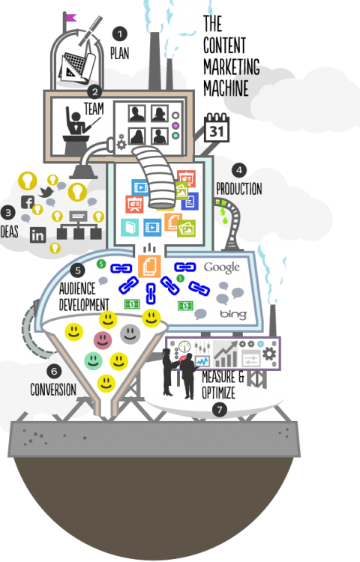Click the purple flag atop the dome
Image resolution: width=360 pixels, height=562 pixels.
(x=70, y=17)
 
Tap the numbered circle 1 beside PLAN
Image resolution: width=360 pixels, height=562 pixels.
(x=119, y=34)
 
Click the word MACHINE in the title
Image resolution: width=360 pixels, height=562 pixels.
(x=226, y=88)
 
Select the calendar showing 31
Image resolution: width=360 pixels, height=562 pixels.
(x=217, y=128)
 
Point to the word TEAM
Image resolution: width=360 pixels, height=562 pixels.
(x=94, y=109)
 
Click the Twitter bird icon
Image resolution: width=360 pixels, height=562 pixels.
(x=46, y=192)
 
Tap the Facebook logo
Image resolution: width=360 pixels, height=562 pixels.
(x=28, y=202)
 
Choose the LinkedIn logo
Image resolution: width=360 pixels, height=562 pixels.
(x=37, y=235)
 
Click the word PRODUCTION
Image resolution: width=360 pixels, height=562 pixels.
(x=239, y=189)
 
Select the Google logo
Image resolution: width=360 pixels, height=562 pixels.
(x=221, y=268)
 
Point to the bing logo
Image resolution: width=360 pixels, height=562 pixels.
(x=233, y=314)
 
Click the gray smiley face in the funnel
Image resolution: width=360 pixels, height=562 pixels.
(x=130, y=334)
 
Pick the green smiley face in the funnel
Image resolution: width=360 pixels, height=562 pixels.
(x=93, y=360)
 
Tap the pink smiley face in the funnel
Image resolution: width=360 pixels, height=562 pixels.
(x=103, y=339)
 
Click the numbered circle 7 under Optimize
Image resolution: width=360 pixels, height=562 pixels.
(x=220, y=410)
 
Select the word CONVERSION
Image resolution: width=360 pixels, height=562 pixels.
(x=53, y=390)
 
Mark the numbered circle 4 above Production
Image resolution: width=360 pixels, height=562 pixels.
(x=239, y=170)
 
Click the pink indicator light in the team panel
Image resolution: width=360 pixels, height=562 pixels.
(x=175, y=126)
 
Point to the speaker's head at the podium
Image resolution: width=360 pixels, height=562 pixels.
(x=76, y=117)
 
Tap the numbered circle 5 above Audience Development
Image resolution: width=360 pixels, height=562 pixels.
(x=78, y=271)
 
